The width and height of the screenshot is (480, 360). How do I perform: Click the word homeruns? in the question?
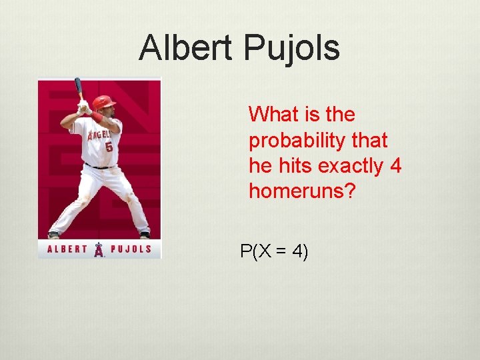coord(303,191)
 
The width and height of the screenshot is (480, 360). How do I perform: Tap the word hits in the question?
coord(292,166)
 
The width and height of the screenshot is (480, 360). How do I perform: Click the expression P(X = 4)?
coord(274,252)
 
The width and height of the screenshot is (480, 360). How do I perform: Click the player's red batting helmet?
coord(103,102)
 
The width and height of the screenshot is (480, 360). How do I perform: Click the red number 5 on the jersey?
coord(109,146)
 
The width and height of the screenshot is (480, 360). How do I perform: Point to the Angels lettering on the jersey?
coord(98,133)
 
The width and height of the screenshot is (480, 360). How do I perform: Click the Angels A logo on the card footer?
coord(99,250)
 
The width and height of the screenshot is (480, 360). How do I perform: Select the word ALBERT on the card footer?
coord(67,250)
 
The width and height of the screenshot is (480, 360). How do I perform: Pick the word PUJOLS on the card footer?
coord(130,250)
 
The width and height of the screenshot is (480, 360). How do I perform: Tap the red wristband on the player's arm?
coord(97,117)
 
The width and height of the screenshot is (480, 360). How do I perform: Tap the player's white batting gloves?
coord(84,107)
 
